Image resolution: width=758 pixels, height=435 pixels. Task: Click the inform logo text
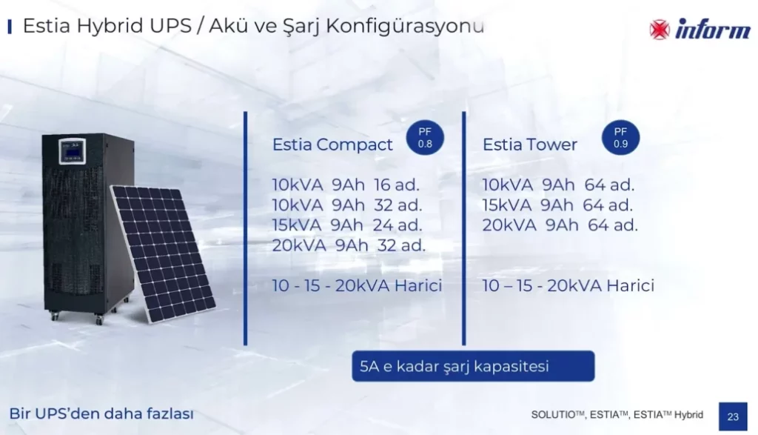coord(713,29)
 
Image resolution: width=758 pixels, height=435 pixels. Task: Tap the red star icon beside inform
coord(660,30)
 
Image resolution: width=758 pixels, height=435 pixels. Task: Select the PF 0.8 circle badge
coord(425,137)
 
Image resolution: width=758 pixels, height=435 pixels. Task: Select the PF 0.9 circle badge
coord(620,137)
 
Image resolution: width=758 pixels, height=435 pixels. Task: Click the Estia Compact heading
coord(332,145)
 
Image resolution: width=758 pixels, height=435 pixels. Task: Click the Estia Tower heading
coord(530,145)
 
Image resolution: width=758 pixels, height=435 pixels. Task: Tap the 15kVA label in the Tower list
coord(506,205)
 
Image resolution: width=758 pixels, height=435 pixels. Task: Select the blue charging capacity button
coord(473,366)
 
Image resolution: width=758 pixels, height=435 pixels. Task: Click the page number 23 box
coord(733,416)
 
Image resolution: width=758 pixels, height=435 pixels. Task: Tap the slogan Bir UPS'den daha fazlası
coord(101,414)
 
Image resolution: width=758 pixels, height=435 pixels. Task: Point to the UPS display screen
coord(73,150)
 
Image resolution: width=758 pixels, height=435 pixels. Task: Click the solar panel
coord(164,253)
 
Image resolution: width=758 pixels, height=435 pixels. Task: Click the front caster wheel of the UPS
coord(100,320)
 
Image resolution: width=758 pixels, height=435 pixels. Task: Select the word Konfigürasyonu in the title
coord(405,26)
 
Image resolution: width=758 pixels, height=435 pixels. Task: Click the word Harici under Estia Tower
coord(630,285)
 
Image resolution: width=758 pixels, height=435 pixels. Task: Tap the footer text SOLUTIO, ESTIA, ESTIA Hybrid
coord(617,415)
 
